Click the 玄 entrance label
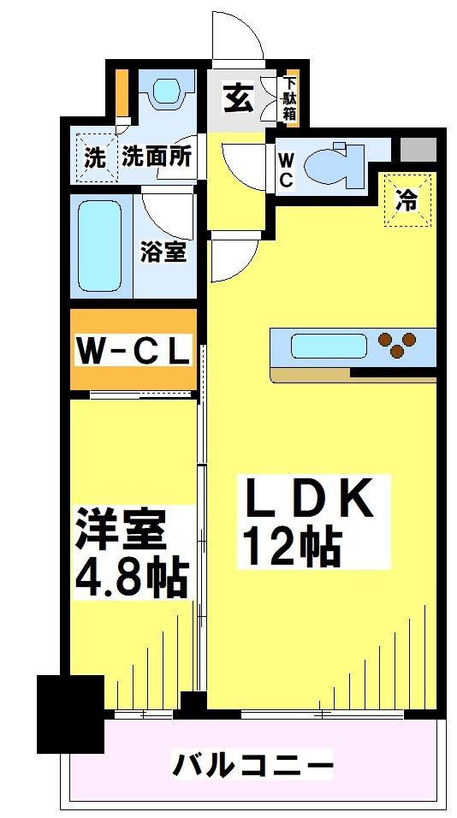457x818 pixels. (x=239, y=98)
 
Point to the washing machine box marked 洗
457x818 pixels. (x=96, y=157)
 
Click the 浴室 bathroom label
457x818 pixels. (x=163, y=252)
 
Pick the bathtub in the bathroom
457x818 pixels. (x=100, y=246)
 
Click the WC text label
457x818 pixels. (x=286, y=169)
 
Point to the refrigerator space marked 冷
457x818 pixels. (x=408, y=200)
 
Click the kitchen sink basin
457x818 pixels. (x=329, y=347)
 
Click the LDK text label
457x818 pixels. (x=311, y=499)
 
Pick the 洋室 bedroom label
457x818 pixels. (x=121, y=531)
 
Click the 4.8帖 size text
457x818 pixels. (x=132, y=578)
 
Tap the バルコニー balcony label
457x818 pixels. (x=252, y=765)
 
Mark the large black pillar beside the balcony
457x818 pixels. (x=70, y=714)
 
